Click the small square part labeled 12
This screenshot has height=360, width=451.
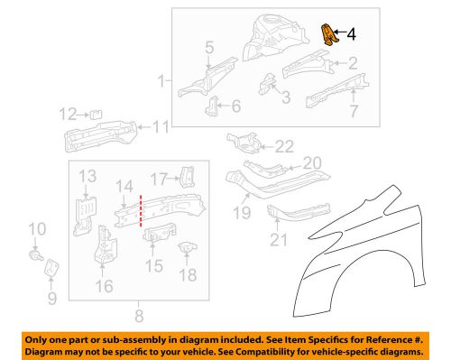click(x=93, y=113)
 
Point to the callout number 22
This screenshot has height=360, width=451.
click(x=285, y=146)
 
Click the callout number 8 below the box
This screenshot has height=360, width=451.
click(x=138, y=316)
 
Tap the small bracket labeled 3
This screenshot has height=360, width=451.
click(x=268, y=84)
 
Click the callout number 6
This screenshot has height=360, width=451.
click(x=235, y=106)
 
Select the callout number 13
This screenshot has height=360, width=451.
click(x=87, y=175)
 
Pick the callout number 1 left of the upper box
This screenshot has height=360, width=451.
click(x=162, y=81)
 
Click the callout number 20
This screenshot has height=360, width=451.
click(x=311, y=162)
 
